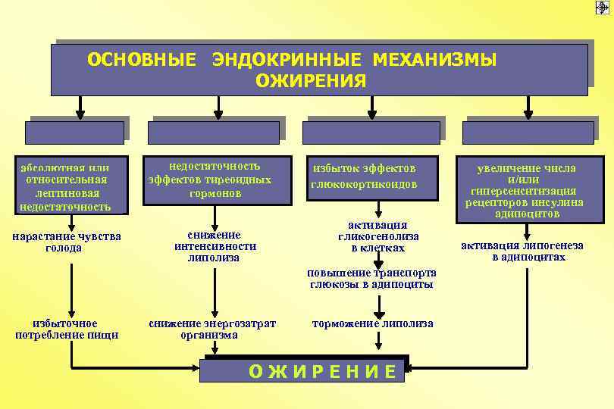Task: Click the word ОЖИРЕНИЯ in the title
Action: point(310,80)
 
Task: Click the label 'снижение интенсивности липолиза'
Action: point(215,246)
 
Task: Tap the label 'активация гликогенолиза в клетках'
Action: point(377,236)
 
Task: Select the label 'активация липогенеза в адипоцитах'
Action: point(528,251)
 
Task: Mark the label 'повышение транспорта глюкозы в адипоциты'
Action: point(371,279)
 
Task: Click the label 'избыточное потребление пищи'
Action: point(67,329)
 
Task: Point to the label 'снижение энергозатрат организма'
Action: point(212,329)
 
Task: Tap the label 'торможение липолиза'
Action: point(373,324)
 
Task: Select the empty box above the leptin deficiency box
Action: point(74,133)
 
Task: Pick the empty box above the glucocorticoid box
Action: point(371,133)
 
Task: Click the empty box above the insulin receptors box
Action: point(528,133)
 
